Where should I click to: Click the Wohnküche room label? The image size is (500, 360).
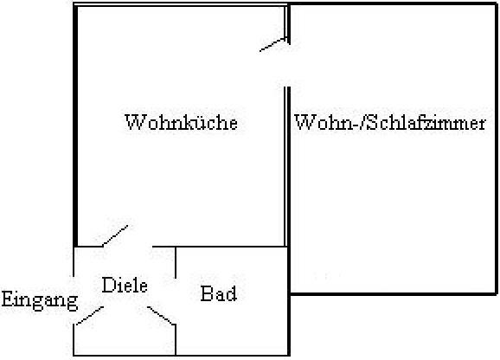(182, 122)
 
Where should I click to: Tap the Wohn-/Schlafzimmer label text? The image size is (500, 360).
(390, 122)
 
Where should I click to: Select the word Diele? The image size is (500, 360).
(125, 285)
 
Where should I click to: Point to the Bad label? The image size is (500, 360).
(219, 293)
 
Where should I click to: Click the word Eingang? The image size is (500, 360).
(40, 300)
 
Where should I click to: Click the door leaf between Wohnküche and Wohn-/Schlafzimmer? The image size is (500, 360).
(273, 45)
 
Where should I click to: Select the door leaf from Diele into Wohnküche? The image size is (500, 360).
(115, 236)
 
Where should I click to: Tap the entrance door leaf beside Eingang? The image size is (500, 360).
(90, 316)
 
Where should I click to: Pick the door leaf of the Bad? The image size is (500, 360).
(162, 316)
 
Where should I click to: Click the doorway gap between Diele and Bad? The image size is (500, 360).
(176, 302)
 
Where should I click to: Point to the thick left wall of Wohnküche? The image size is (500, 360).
(75, 125)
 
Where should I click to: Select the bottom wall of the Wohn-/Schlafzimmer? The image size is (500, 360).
(394, 293)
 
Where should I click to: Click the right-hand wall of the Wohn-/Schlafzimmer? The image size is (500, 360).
(496, 149)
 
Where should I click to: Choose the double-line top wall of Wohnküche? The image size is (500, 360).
(181, 4)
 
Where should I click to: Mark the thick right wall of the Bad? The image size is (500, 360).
(288, 325)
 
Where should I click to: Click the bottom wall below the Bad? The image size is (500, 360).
(232, 355)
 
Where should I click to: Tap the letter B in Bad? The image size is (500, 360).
(206, 293)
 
